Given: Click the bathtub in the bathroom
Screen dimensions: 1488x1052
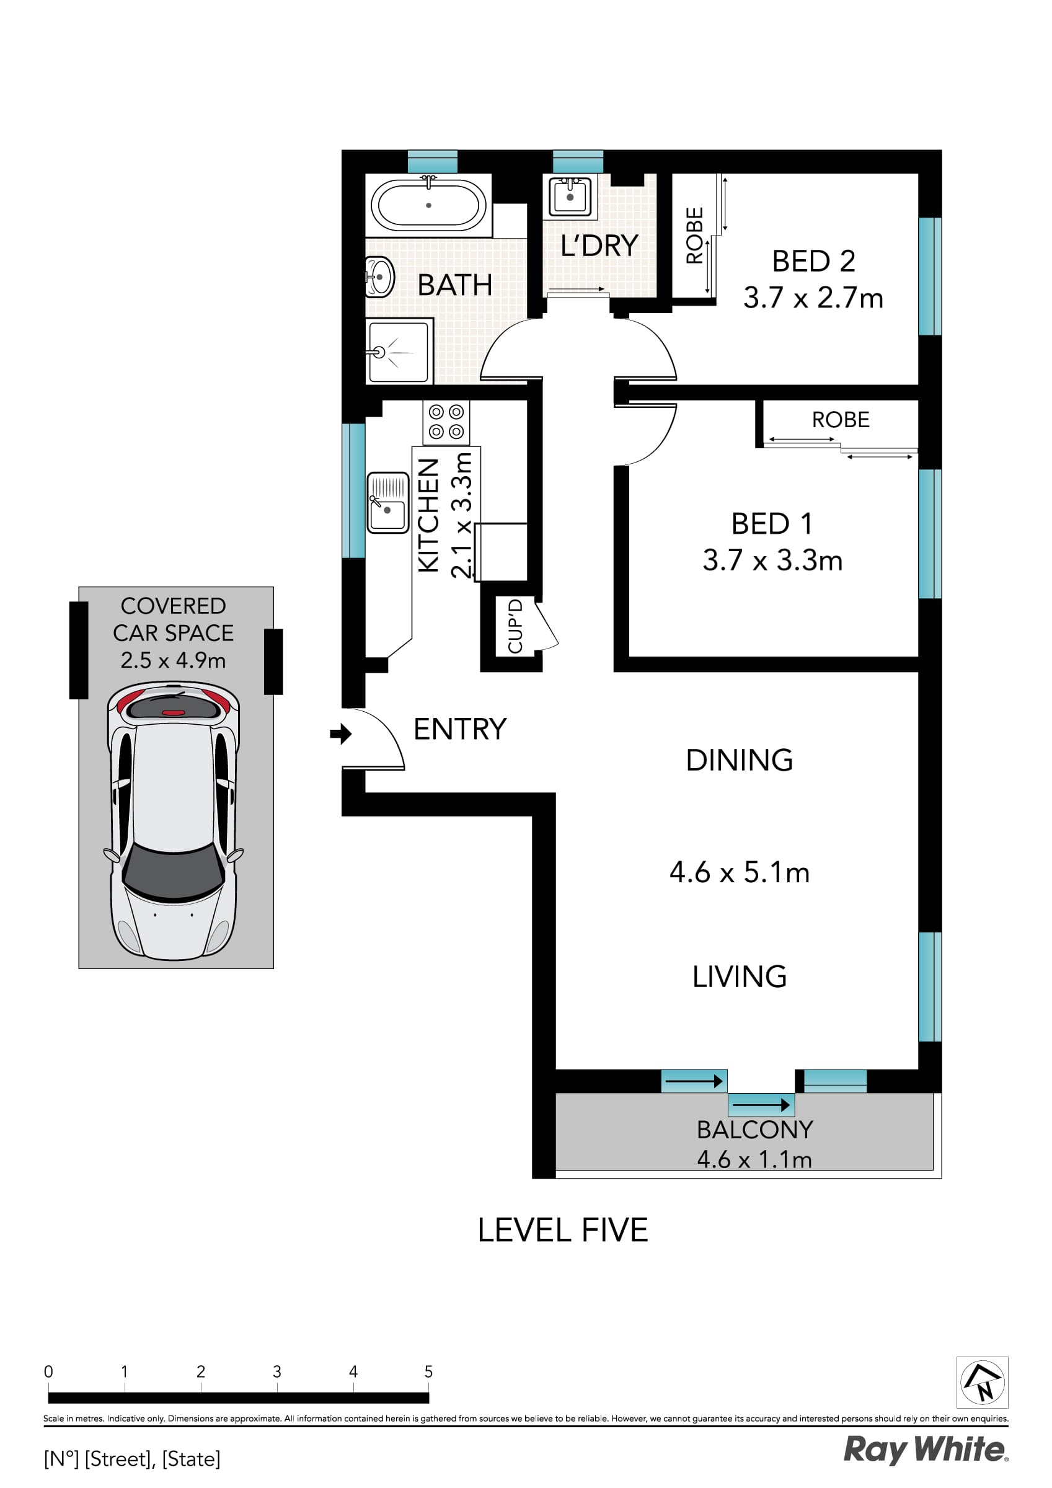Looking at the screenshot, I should [428, 205].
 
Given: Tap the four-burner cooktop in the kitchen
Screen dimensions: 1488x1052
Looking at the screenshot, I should [446, 422].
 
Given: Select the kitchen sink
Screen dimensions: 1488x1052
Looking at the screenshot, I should [387, 502].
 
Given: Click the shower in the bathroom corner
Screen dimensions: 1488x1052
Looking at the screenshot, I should [398, 352].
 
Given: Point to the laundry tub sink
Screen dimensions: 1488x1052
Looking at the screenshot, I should [570, 196].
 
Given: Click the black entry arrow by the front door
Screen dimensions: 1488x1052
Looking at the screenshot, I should [340, 733].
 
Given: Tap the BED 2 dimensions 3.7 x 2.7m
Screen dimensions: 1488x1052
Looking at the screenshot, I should [813, 298].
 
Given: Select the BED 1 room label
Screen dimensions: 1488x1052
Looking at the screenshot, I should [771, 524].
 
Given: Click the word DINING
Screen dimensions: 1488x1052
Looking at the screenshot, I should [739, 760].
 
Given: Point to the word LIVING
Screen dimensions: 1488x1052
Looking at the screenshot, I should [739, 976].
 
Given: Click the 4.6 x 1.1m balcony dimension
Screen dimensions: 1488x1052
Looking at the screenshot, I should [754, 1159].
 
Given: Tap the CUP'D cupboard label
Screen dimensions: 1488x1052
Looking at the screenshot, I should [515, 626].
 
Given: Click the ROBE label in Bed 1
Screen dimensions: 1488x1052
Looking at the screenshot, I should [840, 420].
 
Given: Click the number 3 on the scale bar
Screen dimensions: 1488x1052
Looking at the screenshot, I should [276, 1371].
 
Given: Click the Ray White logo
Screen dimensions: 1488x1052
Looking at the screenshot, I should [925, 1450].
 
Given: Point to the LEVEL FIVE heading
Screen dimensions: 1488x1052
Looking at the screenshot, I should [563, 1230].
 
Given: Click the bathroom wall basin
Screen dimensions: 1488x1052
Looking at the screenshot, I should [379, 277].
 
